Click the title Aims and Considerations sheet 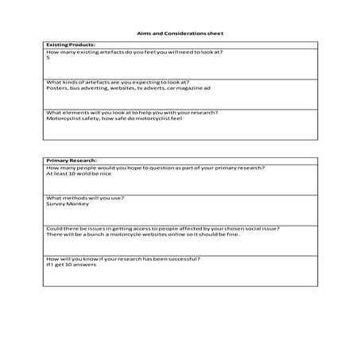[179, 34]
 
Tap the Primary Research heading [69, 161]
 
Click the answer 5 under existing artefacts [48, 57]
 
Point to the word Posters [57, 88]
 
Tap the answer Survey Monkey [68, 203]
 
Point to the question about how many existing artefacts [134, 52]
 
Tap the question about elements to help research [132, 112]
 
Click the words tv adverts [155, 88]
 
